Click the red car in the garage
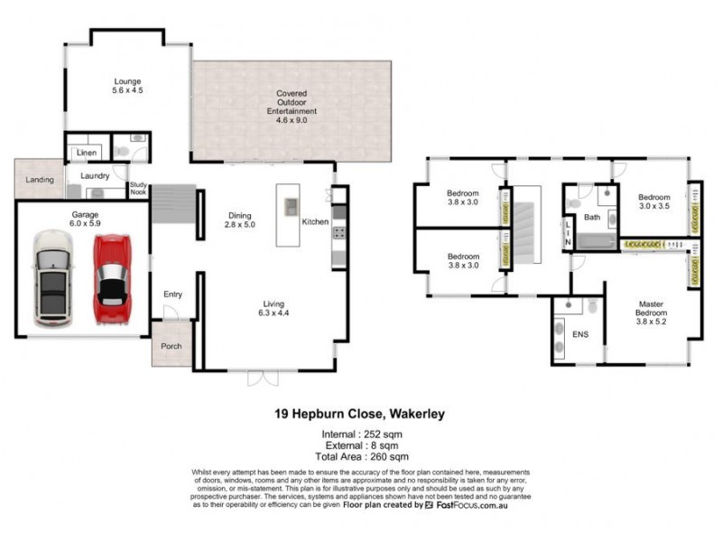pyautogui.click(x=114, y=280)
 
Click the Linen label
pyautogui.click(x=87, y=153)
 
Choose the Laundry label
pyautogui.click(x=95, y=176)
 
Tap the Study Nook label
pyautogui.click(x=138, y=186)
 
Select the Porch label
pyautogui.click(x=171, y=346)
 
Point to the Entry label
pyautogui.click(x=172, y=294)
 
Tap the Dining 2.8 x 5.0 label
pyautogui.click(x=239, y=220)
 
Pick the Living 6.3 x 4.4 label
pyautogui.click(x=275, y=309)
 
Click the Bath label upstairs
pyautogui.click(x=592, y=217)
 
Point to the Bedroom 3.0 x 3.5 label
pyautogui.click(x=654, y=202)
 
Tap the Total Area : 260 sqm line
pyautogui.click(x=361, y=457)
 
